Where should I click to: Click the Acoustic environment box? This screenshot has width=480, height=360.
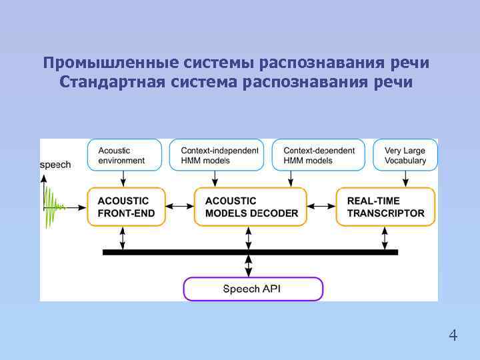(x=125, y=155)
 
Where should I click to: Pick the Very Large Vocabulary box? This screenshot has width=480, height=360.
(x=405, y=155)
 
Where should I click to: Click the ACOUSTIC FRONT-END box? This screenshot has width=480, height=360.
(x=124, y=207)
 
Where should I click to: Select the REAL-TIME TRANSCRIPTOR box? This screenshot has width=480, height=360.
(x=385, y=207)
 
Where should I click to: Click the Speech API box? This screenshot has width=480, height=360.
(x=253, y=289)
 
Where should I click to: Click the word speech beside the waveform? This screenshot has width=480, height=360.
(x=55, y=165)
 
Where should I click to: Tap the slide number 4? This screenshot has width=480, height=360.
(x=453, y=335)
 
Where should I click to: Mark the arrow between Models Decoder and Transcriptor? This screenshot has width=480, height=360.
(x=321, y=207)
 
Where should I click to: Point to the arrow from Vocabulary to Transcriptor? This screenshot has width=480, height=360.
(x=405, y=179)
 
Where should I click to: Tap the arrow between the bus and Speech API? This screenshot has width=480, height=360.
(x=249, y=266)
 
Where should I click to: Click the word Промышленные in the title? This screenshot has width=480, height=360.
(x=106, y=63)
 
